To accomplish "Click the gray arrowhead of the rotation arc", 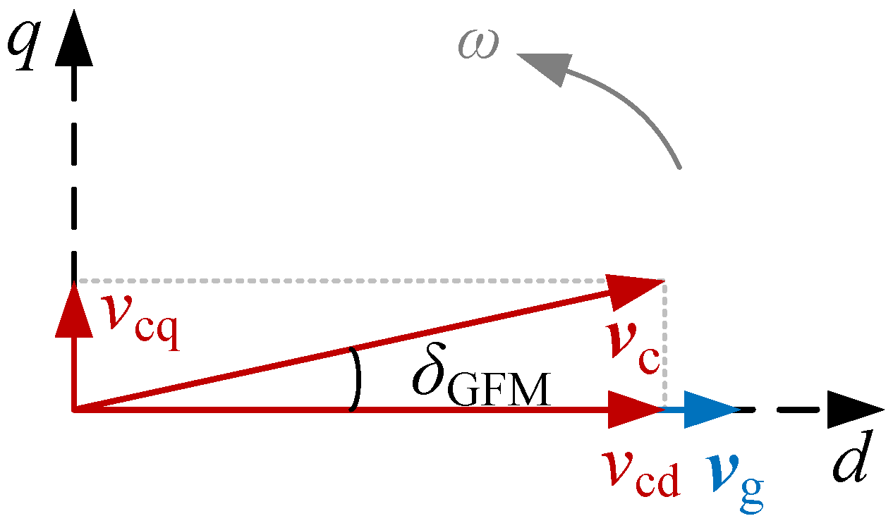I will (x=547, y=65).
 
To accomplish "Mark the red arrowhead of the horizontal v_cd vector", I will (x=633, y=410).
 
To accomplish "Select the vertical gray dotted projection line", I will (x=663, y=345).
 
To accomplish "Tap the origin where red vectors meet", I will (x=74, y=410).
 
